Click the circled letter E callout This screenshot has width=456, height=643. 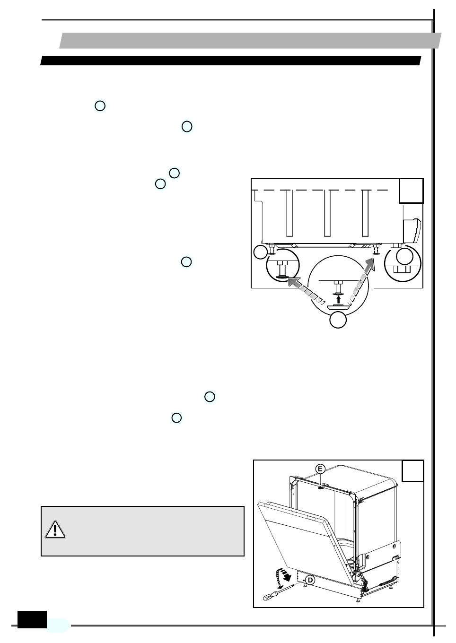321,469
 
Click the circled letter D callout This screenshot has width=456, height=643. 310,580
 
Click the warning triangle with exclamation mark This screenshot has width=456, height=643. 55,530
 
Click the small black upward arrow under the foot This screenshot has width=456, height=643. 338,298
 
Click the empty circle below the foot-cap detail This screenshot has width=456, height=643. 338,320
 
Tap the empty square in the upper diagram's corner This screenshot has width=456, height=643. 411,191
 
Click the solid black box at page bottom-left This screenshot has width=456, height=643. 32,619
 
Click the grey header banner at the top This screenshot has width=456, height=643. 250,41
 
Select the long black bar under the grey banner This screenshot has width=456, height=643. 231,61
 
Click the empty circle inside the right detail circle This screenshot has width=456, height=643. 404,257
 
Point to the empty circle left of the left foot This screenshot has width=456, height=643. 260,252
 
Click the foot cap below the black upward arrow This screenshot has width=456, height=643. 338,307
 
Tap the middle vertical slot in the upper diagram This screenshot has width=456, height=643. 327,213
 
